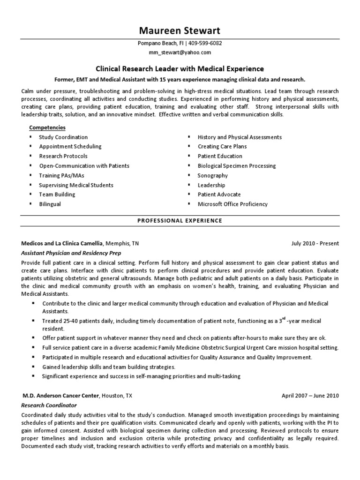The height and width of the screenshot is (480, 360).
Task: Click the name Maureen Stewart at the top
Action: [180, 31]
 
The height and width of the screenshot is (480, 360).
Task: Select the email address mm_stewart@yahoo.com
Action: [180, 52]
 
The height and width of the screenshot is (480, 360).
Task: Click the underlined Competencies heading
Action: [47, 127]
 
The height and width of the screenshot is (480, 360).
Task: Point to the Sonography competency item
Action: [213, 175]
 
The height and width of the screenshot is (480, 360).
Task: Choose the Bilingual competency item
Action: [50, 204]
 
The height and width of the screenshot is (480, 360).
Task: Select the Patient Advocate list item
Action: [219, 195]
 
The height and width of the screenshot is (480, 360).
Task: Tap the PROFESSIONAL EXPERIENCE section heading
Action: [180, 220]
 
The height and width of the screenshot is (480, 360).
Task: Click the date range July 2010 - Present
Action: [315, 244]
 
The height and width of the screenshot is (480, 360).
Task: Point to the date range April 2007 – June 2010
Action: [310, 396]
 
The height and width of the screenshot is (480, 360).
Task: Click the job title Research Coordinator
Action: [49, 405]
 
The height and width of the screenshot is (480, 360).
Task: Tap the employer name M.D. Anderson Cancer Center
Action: [60, 396]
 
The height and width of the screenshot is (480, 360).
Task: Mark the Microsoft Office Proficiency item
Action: [232, 204]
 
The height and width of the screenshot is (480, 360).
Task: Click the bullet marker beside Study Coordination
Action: [31, 137]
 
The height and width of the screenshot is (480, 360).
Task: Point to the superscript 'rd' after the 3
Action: [285, 319]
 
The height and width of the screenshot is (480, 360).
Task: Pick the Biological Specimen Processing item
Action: [237, 166]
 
